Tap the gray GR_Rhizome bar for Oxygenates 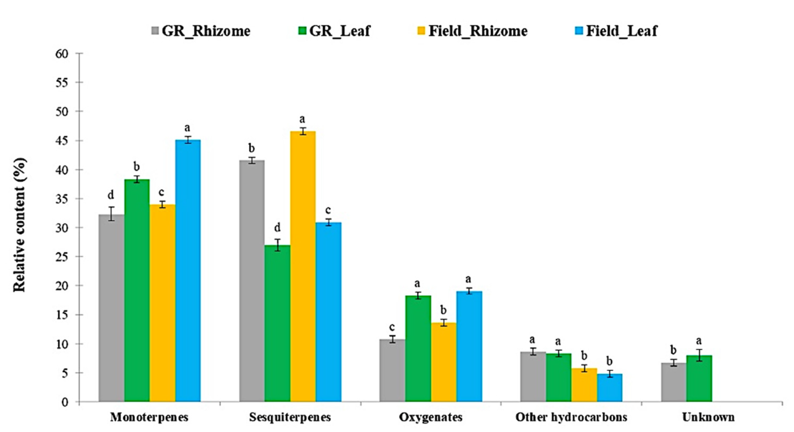pyautogui.click(x=392, y=370)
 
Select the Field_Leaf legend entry pyautogui.click(x=621, y=31)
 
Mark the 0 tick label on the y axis pyautogui.click(x=65, y=402)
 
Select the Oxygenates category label pyautogui.click(x=431, y=417)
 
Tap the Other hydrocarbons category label pyautogui.click(x=571, y=417)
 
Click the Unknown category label pyautogui.click(x=708, y=417)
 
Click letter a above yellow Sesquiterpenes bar pyautogui.click(x=303, y=119)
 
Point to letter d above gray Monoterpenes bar pyautogui.click(x=111, y=195)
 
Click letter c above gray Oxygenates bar pyautogui.click(x=392, y=327)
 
